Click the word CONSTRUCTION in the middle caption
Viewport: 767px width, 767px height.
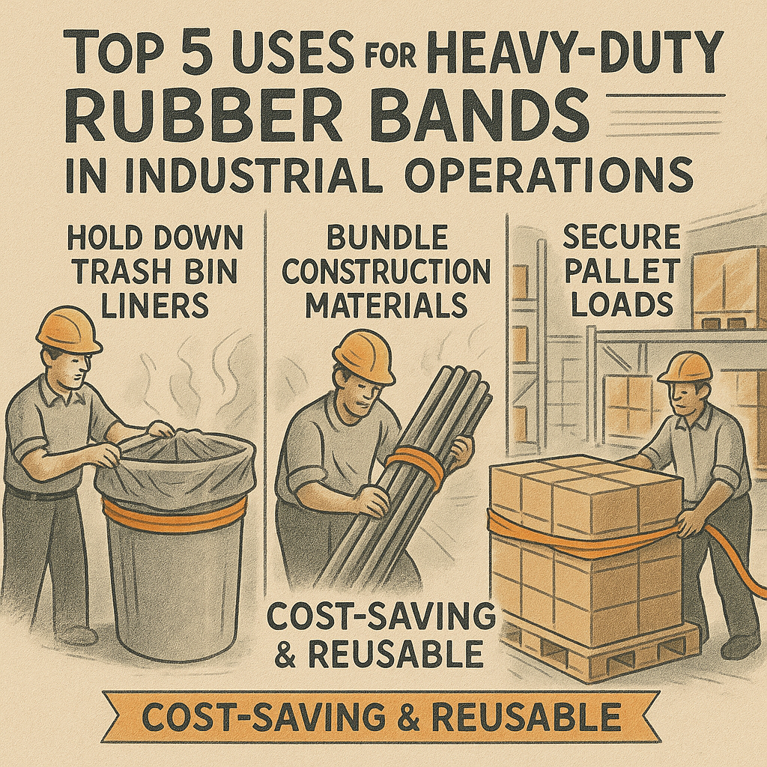pyautogui.click(x=386, y=273)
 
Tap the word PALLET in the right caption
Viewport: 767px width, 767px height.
pyautogui.click(x=621, y=271)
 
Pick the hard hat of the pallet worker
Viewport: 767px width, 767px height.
pyautogui.click(x=685, y=368)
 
